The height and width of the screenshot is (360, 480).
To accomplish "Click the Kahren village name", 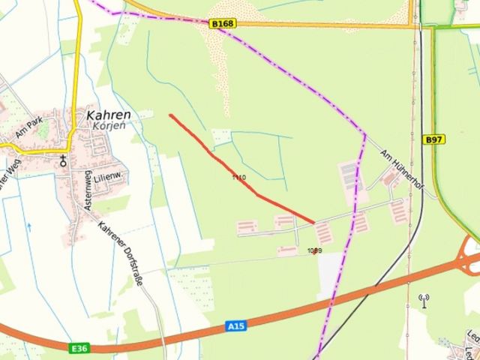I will click(x=109, y=115).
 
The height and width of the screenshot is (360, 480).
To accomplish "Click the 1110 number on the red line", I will click(x=238, y=178).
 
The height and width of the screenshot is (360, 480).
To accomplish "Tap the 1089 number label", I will click(x=314, y=250).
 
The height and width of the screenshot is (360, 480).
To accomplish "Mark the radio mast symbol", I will click(x=424, y=300).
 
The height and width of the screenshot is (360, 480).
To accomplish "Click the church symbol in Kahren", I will click(x=63, y=158).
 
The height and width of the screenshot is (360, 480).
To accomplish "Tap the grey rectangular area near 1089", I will click(x=329, y=277).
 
